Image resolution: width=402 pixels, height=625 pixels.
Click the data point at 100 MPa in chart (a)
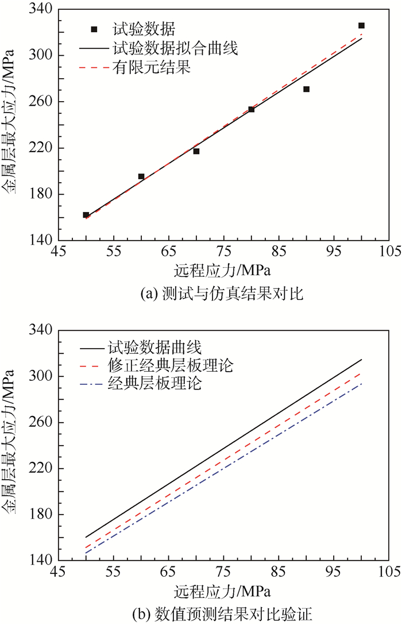coord(361,26)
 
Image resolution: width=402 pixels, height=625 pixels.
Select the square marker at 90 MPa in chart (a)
coord(306,89)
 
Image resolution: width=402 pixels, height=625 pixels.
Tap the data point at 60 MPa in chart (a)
coord(141,176)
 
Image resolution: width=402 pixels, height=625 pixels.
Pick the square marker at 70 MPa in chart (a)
coord(196,151)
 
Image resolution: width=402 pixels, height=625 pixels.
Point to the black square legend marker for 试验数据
coord(95,29)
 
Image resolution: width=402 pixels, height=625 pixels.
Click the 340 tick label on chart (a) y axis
coord(41,10)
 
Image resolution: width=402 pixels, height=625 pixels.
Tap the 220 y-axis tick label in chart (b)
coord(41,469)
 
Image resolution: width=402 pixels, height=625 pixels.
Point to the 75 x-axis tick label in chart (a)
coord(224,252)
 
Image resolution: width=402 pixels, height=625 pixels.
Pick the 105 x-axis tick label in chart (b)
coord(388,572)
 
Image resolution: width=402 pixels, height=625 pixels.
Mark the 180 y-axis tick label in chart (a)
coord(41,194)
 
